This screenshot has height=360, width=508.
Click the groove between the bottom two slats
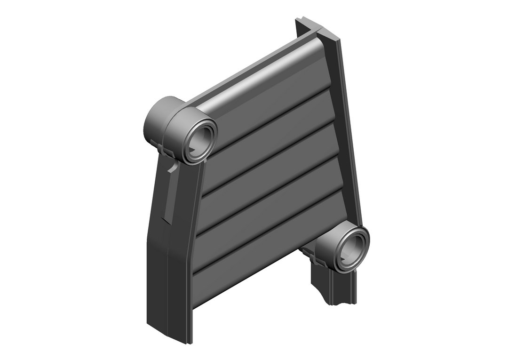pos(254,240)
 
